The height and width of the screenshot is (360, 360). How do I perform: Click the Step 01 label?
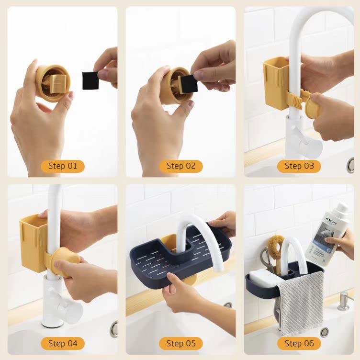pos(62,166)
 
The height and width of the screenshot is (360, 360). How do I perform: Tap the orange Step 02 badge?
pos(181,166)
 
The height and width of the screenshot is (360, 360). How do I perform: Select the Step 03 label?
pos(299,166)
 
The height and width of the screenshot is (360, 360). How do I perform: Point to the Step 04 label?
pos(62,343)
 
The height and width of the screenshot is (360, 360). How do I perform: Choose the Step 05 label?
pos(181,343)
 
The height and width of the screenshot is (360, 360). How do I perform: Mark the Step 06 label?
pos(299,343)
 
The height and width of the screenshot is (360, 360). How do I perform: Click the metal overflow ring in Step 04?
pos(113,329)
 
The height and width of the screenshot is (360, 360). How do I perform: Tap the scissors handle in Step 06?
pos(265,258)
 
